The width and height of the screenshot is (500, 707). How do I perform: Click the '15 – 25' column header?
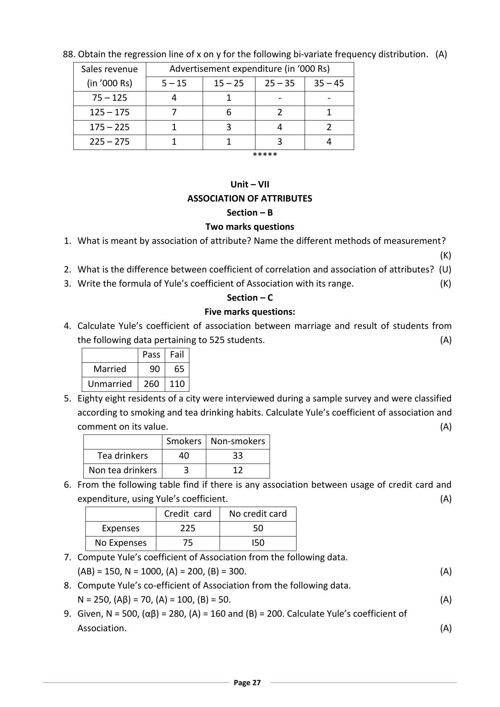[228, 83]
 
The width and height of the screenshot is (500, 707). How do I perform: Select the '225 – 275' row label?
[110, 142]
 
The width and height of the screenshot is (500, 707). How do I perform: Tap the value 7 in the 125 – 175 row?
[174, 112]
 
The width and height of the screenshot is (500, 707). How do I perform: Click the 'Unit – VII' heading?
[250, 184]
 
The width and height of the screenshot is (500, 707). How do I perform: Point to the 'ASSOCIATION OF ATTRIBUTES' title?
[249, 198]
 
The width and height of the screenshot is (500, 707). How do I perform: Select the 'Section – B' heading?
[250, 212]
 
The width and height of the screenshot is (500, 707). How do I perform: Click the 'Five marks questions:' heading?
[250, 312]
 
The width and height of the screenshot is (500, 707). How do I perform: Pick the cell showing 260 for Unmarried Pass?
[151, 384]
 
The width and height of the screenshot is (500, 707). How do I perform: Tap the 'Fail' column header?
[177, 355]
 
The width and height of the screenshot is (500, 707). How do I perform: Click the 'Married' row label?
[110, 369]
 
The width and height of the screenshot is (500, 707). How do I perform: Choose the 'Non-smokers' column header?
[238, 441]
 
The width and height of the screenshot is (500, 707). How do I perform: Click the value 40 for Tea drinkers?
[184, 456]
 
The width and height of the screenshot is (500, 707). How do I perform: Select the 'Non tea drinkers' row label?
[122, 470]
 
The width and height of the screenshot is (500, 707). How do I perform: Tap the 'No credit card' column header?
[258, 514]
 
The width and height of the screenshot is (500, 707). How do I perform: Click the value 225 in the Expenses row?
[188, 528]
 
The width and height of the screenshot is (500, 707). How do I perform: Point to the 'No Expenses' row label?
[120, 543]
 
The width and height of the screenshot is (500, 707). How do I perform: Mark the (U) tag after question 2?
[445, 269]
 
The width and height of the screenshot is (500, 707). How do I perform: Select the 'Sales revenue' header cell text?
[110, 69]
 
